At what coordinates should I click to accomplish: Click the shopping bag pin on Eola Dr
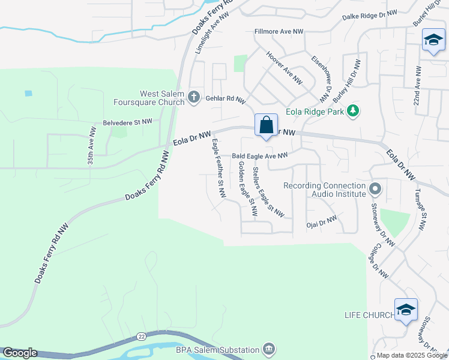tap(266, 126)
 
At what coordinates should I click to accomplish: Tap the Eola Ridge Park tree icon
tap(354, 111)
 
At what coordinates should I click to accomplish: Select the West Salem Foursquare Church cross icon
tap(193, 97)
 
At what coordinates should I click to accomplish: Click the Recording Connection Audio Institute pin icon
tap(375, 190)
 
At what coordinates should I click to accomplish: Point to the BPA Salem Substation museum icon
tap(269, 349)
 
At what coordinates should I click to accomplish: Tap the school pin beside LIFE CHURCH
tap(406, 310)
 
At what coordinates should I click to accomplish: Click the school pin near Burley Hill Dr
tap(433, 41)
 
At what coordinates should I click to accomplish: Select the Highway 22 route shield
tap(140, 337)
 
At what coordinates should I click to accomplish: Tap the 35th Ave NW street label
tap(91, 146)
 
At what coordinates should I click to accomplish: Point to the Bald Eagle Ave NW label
tap(260, 156)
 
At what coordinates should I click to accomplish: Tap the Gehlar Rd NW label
tap(226, 100)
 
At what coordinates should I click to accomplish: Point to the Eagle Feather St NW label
tap(218, 169)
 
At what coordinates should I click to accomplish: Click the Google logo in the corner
tap(20, 353)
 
